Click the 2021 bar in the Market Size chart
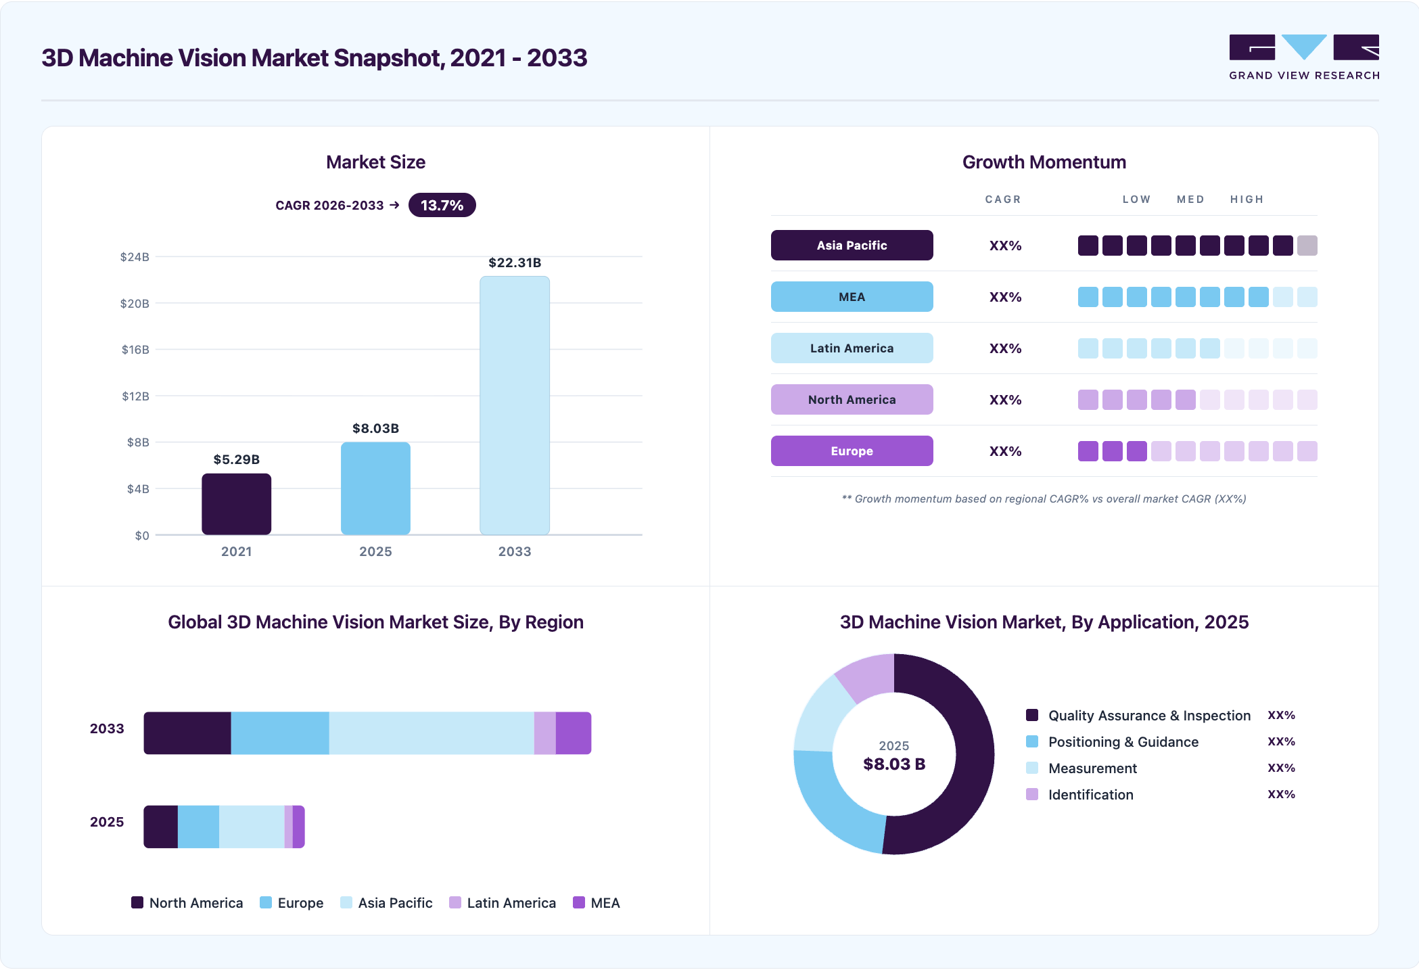(x=236, y=504)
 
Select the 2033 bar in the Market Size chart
(x=515, y=405)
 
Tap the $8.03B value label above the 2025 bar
(x=375, y=428)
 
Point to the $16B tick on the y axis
(x=135, y=350)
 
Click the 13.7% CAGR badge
(x=442, y=205)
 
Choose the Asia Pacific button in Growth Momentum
(x=852, y=245)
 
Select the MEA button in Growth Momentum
(x=852, y=296)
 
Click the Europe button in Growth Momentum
(x=852, y=451)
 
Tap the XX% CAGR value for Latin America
(x=1005, y=348)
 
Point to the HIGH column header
(x=1247, y=200)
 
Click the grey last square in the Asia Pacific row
(x=1307, y=246)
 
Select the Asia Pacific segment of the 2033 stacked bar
(x=432, y=733)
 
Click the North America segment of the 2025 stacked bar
(x=161, y=827)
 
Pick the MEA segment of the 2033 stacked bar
(x=574, y=733)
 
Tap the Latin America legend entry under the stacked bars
(x=503, y=903)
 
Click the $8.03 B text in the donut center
(x=894, y=764)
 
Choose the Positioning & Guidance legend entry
(x=1112, y=742)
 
